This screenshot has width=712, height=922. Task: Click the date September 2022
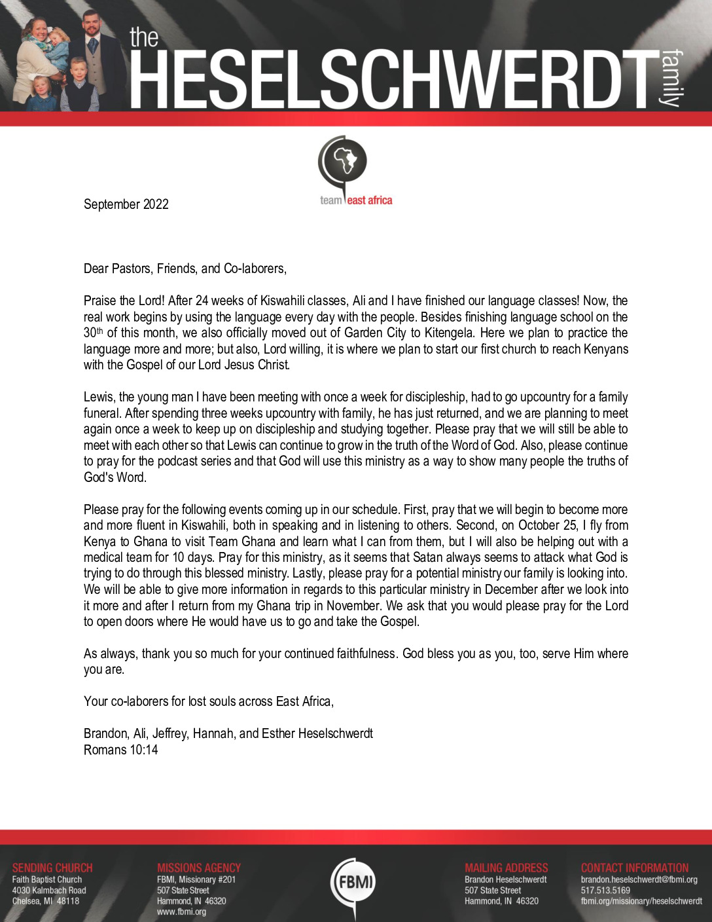click(126, 204)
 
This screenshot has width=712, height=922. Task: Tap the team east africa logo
click(355, 171)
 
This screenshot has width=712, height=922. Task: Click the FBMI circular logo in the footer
click(354, 882)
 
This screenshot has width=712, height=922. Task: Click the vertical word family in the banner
click(671, 77)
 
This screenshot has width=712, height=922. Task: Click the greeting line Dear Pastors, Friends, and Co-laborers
click(185, 268)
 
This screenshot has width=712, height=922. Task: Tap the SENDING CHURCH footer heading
click(52, 868)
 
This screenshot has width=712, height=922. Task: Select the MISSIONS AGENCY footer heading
click(199, 868)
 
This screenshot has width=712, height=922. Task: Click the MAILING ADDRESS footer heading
click(507, 868)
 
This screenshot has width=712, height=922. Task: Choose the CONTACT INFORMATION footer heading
click(635, 868)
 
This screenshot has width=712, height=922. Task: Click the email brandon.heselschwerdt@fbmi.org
click(639, 879)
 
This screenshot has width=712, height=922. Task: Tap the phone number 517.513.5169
click(605, 890)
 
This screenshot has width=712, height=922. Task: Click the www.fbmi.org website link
click(181, 912)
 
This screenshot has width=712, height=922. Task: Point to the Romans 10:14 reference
click(121, 750)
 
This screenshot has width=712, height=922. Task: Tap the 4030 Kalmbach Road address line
click(49, 890)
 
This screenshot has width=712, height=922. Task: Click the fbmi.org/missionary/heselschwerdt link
click(641, 901)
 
